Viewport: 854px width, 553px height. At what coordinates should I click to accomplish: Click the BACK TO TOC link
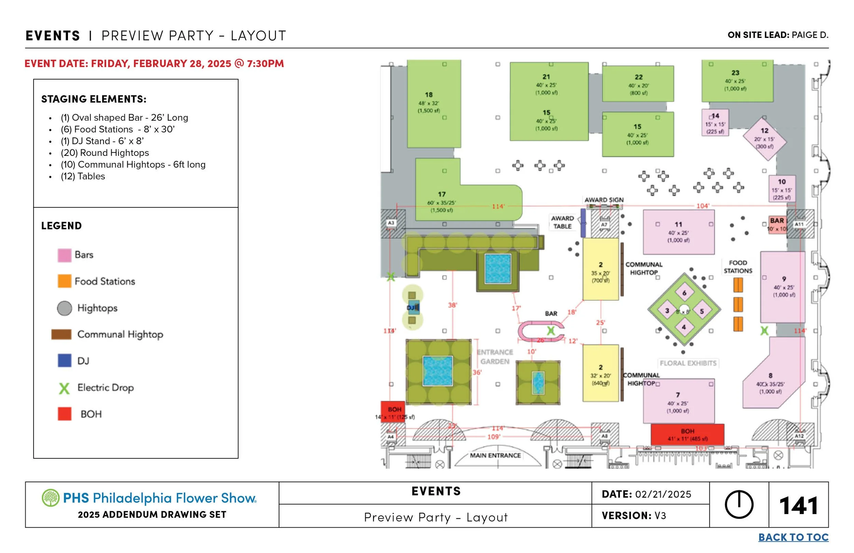pos(793,537)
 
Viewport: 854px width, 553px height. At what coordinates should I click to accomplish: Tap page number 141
pos(798,505)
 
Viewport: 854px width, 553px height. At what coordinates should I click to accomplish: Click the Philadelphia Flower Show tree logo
pos(51,498)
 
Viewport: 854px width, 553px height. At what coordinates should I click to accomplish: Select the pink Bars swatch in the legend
pos(65,255)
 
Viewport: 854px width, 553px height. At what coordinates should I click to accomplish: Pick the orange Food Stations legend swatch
pos(65,281)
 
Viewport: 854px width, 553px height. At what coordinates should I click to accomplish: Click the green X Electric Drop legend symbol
pos(64,388)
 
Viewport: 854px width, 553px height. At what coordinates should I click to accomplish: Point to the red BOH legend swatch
pos(65,414)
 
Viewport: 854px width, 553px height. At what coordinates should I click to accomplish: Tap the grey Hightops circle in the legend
pos(65,308)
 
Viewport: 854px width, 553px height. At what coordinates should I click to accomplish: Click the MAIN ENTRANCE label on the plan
pos(495,455)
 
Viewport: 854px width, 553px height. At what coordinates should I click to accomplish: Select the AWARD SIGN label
pos(604,200)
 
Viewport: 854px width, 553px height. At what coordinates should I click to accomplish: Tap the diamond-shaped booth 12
pos(764,138)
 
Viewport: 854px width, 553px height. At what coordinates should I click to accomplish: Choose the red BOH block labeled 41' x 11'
pos(687,434)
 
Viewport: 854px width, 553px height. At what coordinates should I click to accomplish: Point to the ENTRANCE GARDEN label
pos(495,356)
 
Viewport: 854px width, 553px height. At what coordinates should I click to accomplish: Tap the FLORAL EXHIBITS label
pos(688,363)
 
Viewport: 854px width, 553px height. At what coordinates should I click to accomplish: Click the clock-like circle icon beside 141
pos(739,504)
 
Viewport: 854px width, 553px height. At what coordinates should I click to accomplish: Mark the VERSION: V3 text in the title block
pos(634,516)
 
